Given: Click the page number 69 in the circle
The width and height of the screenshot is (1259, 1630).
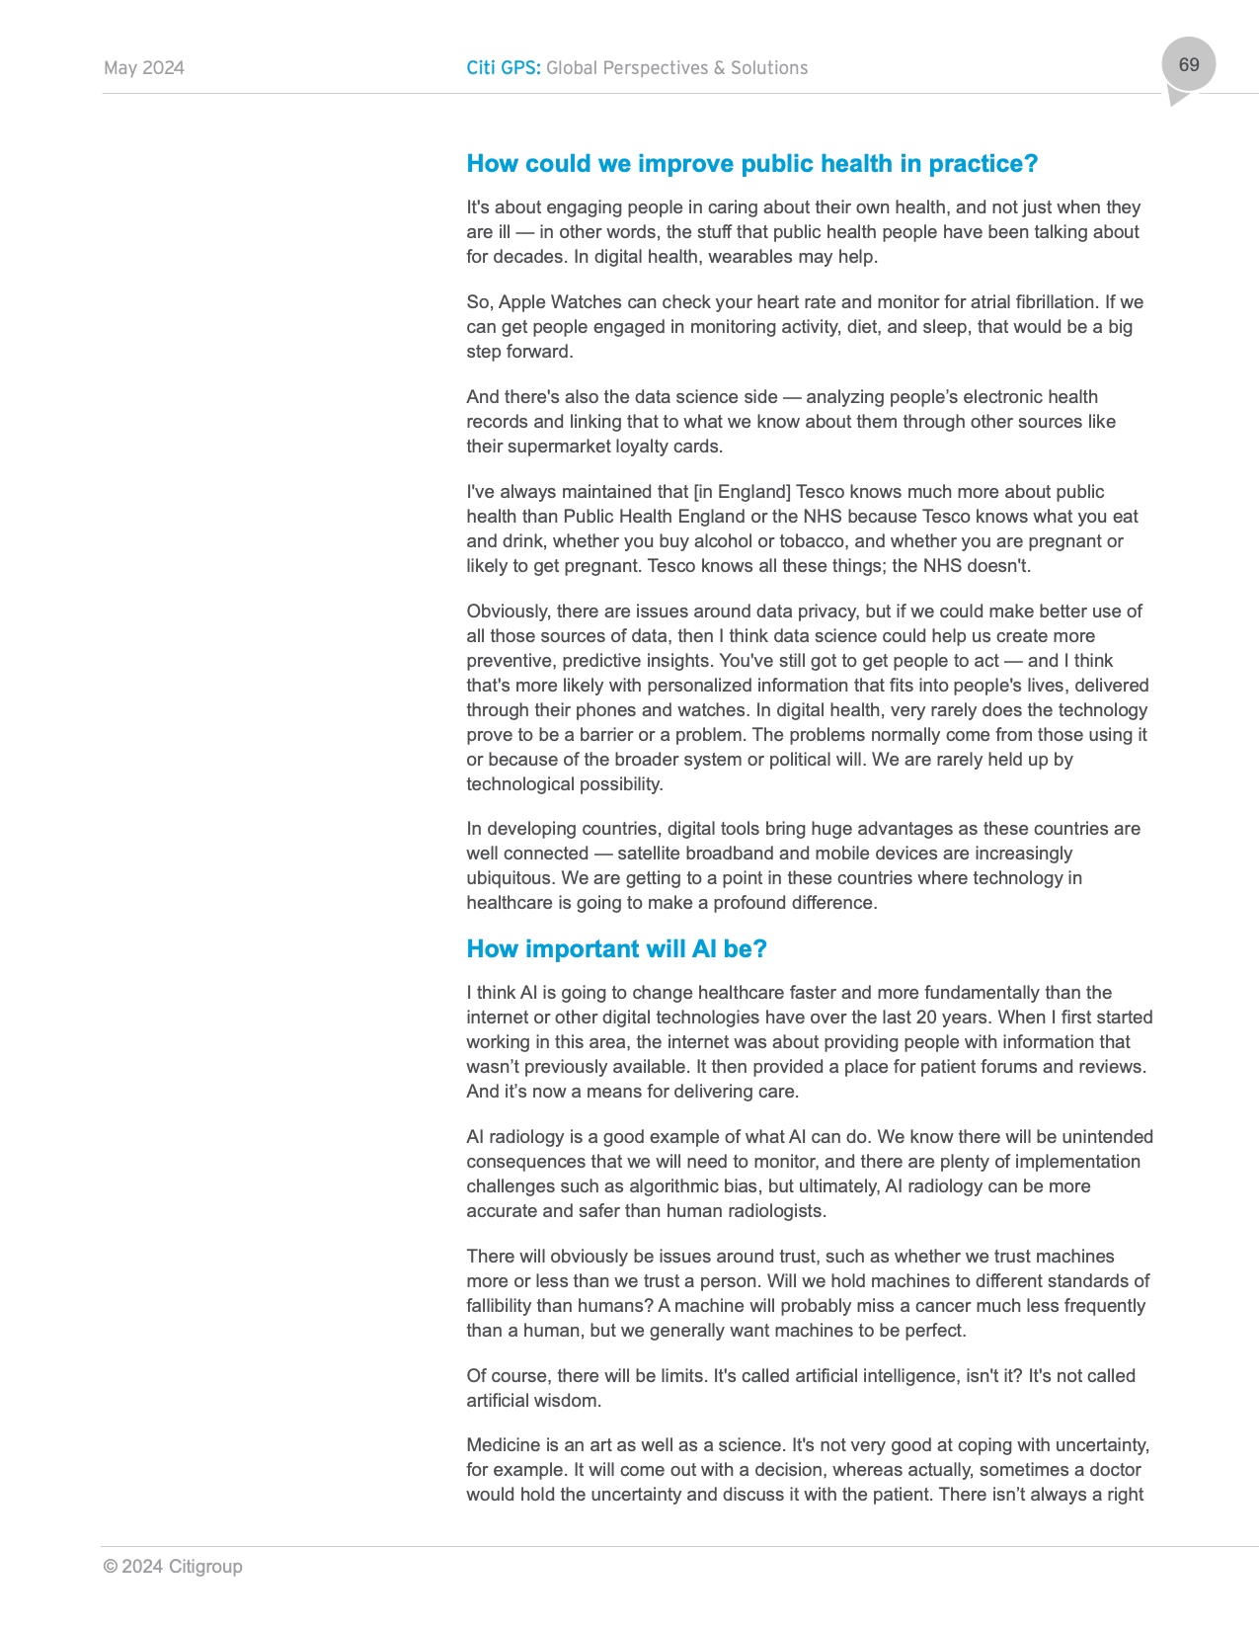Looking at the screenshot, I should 1188,65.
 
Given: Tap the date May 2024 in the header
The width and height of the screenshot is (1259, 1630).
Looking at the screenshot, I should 144,68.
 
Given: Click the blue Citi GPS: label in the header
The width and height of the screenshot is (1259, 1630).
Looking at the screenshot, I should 504,68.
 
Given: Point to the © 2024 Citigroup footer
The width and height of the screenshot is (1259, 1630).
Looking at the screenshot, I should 173,1566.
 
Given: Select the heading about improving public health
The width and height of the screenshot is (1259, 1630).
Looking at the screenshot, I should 751,164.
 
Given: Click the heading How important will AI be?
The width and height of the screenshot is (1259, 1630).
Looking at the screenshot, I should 616,949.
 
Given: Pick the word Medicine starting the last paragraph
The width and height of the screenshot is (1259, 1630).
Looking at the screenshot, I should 503,1445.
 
